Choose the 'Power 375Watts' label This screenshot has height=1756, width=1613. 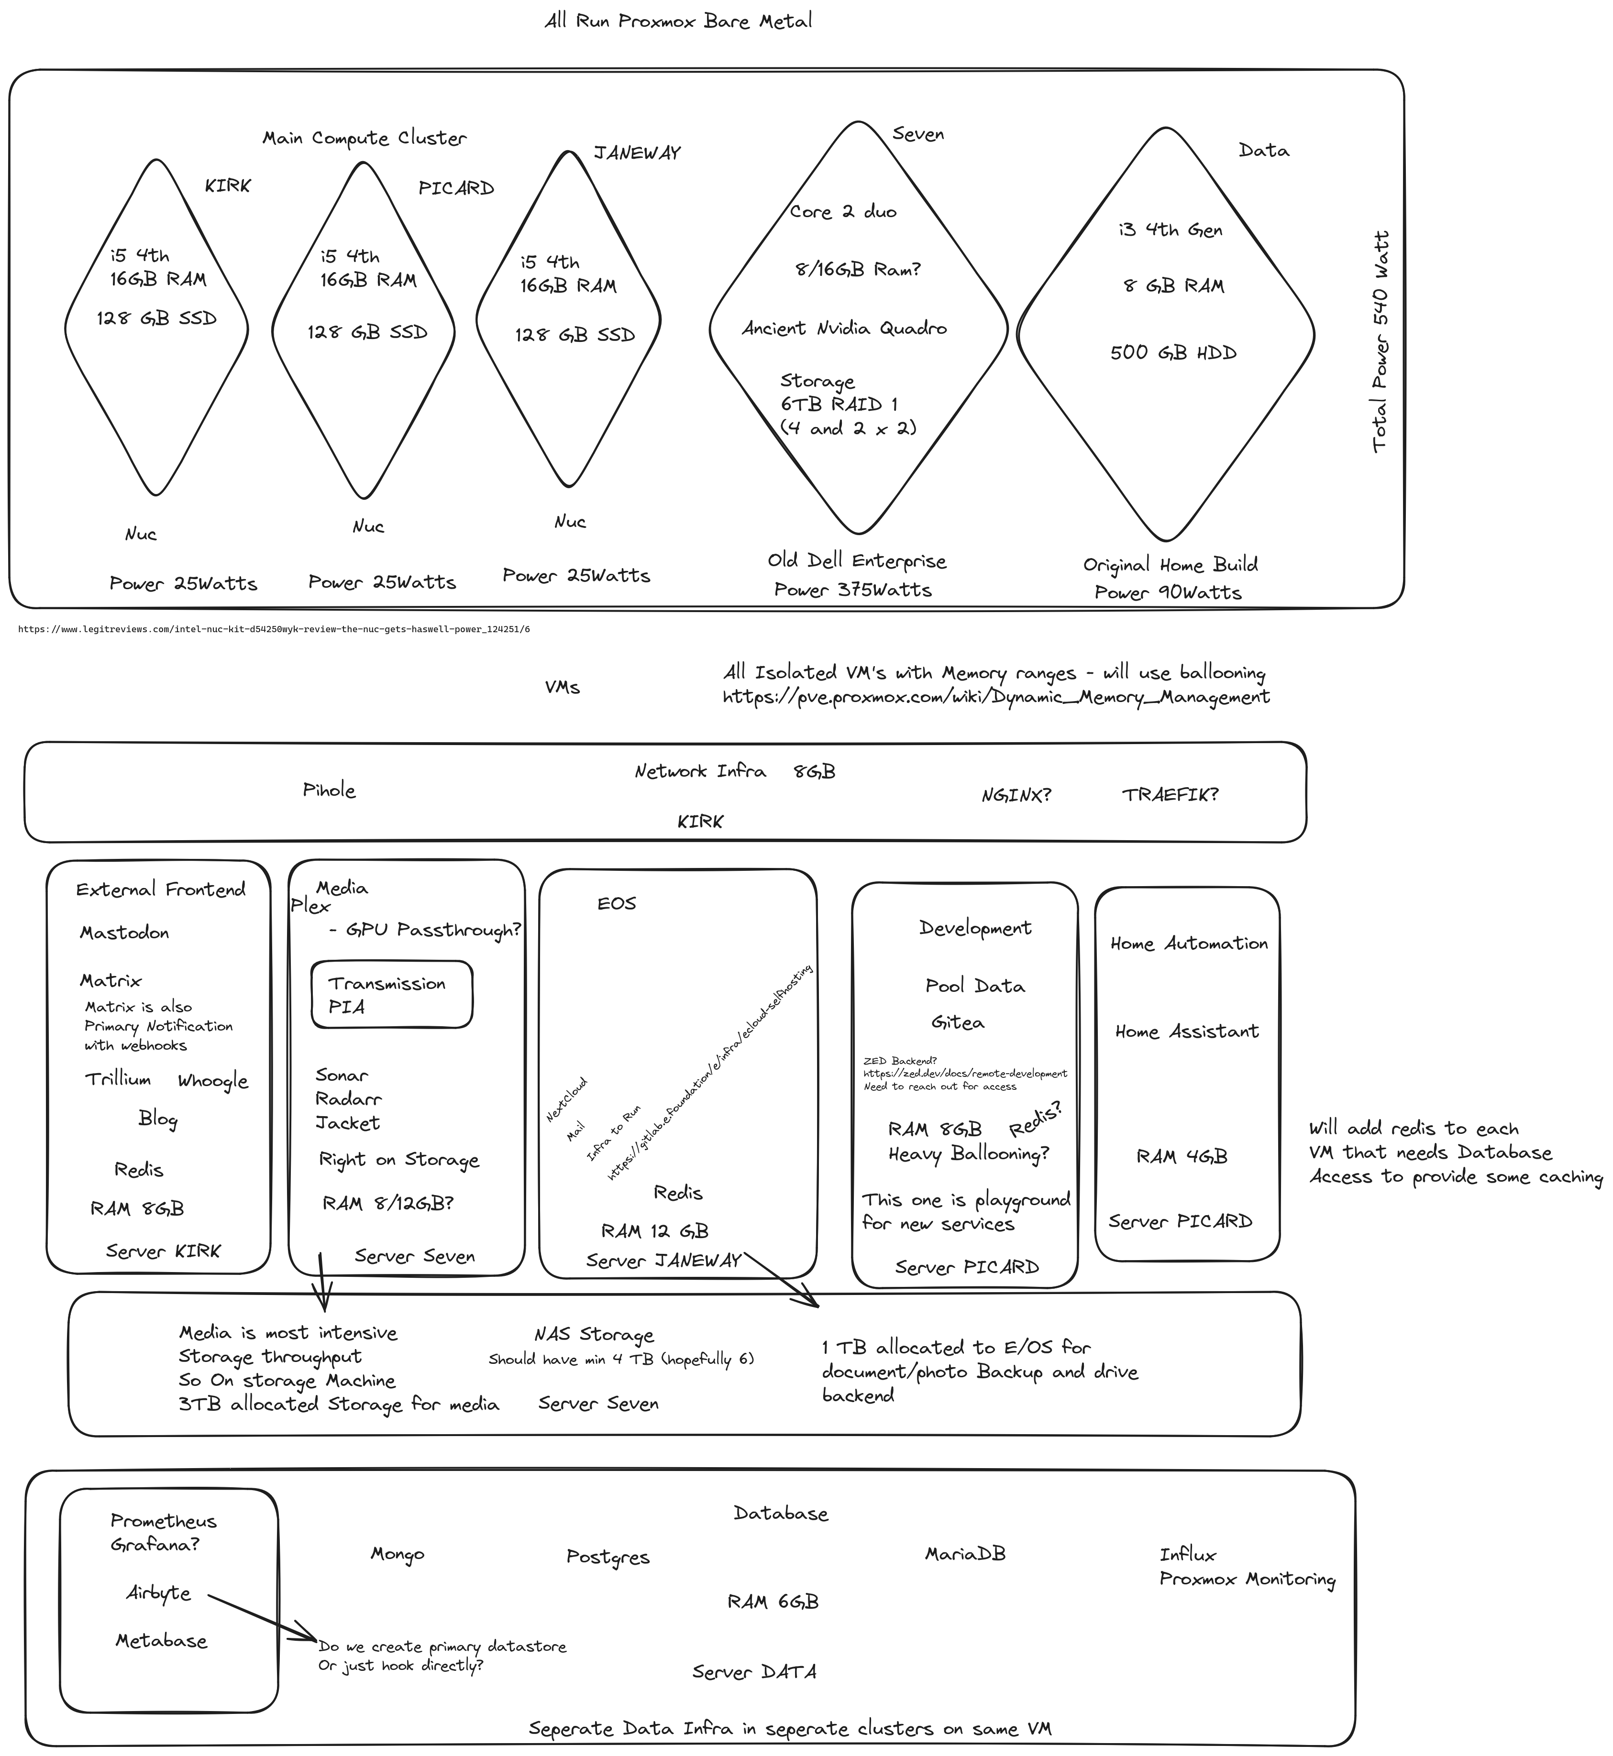pyautogui.click(x=853, y=590)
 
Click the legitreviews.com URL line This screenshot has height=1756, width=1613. pyautogui.click(x=274, y=628)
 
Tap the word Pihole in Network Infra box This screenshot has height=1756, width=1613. pyautogui.click(x=329, y=790)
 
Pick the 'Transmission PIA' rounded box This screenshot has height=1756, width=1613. pyautogui.click(x=392, y=995)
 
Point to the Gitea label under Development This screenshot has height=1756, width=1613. pyautogui.click(x=958, y=1022)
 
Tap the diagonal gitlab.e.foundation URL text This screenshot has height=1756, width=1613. pyautogui.click(x=709, y=1074)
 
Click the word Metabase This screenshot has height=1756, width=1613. pyautogui.click(x=162, y=1641)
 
